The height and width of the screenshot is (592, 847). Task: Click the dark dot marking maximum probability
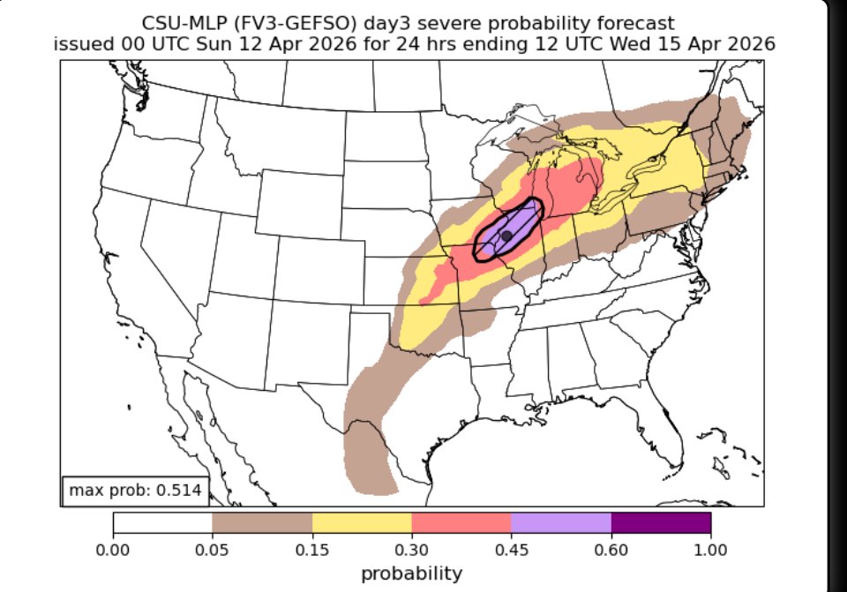coord(506,236)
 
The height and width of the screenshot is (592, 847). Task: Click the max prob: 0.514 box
coord(135,491)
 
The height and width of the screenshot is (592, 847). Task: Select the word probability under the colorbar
coord(412,573)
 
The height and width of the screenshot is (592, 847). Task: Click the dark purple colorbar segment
coord(661,523)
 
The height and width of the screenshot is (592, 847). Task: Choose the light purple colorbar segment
coord(561,523)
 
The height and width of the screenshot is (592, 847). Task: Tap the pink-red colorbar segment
coord(461,523)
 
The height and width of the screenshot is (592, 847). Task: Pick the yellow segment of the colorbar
coord(362,523)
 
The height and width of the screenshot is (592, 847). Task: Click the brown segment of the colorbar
coord(262,523)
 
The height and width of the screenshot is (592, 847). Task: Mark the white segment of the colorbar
coord(162,523)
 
